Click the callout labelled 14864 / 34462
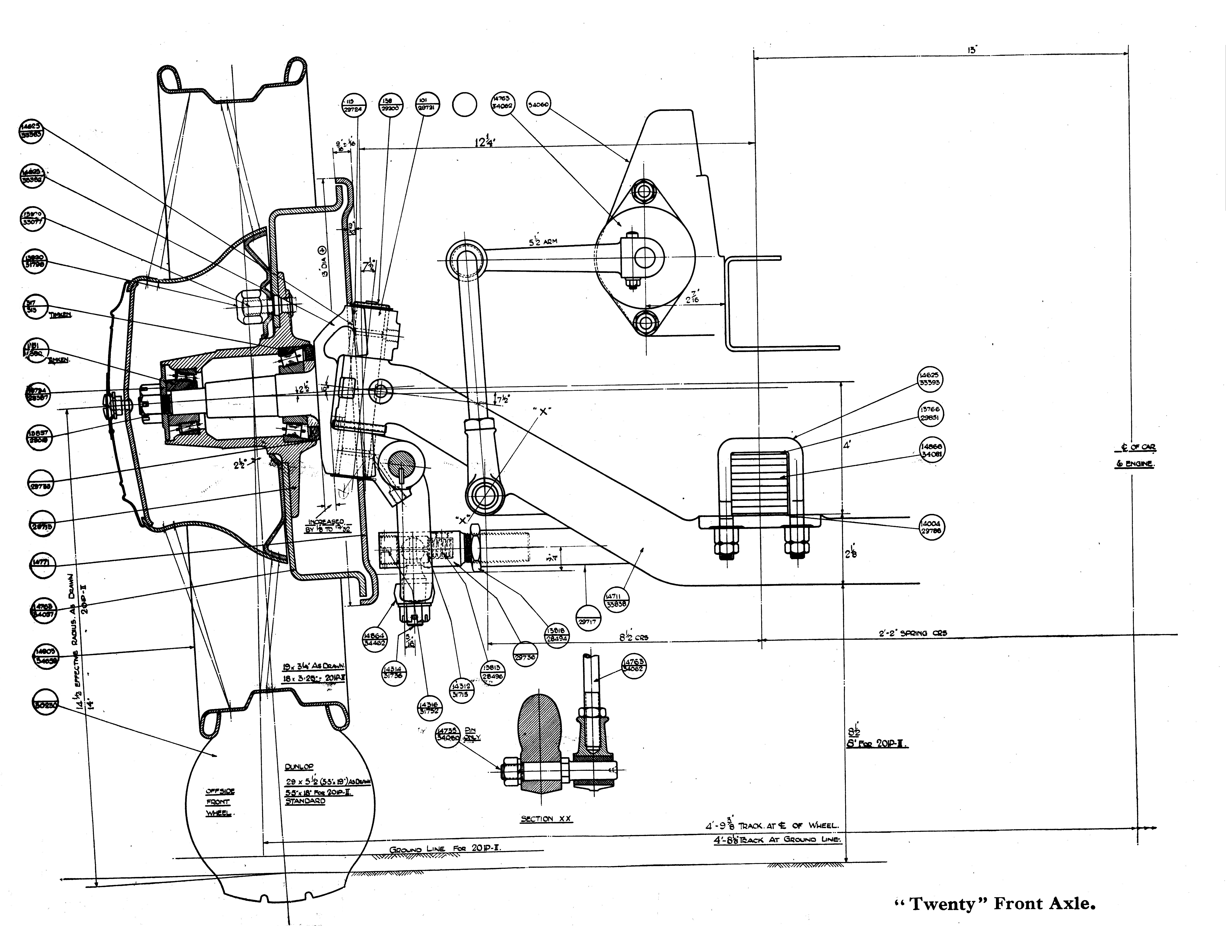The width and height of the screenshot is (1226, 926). point(375,639)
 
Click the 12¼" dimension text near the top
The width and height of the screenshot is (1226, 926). point(484,142)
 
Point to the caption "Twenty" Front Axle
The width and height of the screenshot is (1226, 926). point(995,904)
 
